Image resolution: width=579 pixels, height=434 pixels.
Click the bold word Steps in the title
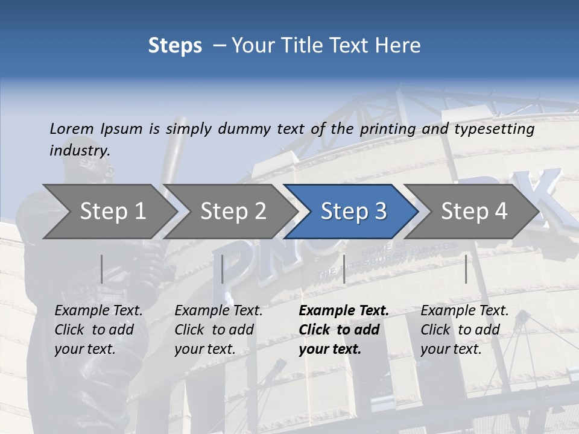[175, 46]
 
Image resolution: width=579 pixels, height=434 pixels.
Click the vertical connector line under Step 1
[102, 269]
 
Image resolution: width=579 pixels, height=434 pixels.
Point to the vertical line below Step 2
[223, 269]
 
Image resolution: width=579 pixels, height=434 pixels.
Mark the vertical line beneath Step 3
[344, 269]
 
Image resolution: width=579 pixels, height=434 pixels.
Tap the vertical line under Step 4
[466, 269]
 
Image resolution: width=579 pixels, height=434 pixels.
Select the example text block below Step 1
[98, 330]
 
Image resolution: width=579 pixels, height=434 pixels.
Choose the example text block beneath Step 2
[218, 330]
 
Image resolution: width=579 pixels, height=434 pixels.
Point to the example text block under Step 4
[464, 330]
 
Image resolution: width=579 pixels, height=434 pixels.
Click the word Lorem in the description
[72, 128]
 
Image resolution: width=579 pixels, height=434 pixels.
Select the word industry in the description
[80, 151]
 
